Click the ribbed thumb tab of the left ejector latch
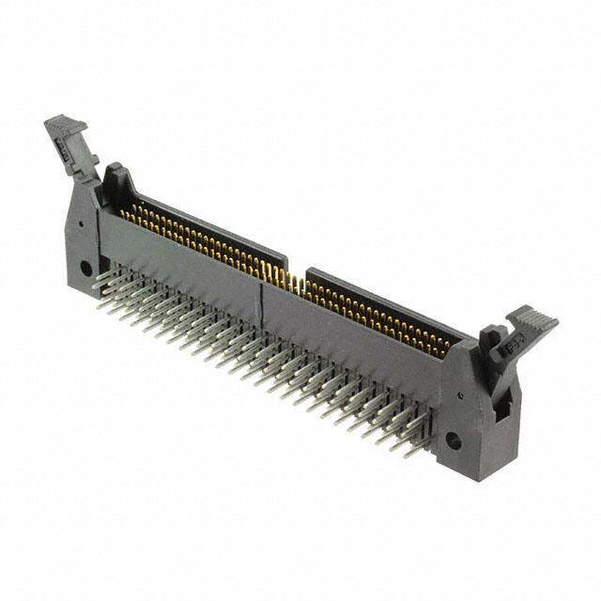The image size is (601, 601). click(x=64, y=124)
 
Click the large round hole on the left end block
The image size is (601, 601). click(x=86, y=268)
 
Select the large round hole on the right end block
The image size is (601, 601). click(x=454, y=439)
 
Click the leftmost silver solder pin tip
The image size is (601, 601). click(x=96, y=279)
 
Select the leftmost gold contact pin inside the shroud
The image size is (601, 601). click(x=122, y=215)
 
